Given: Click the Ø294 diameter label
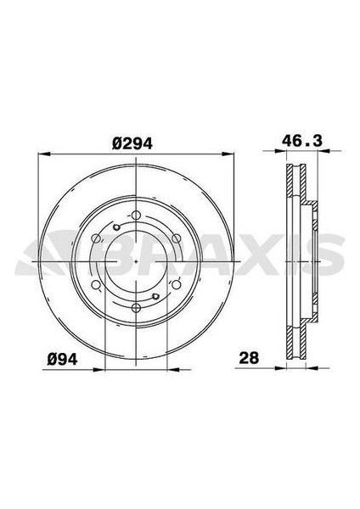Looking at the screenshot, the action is (132, 144).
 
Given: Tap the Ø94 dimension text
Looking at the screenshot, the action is (62, 359).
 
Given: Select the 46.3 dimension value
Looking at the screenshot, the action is (302, 141).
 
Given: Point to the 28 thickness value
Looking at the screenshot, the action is (249, 357).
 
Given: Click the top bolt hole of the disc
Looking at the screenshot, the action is (136, 215).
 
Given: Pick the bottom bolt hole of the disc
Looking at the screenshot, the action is (136, 308).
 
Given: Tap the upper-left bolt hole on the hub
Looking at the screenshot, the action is (96, 238).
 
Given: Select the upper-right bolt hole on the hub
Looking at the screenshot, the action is (176, 238).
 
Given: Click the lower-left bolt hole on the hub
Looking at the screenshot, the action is (96, 285).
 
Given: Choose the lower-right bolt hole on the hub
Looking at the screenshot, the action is (176, 285).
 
